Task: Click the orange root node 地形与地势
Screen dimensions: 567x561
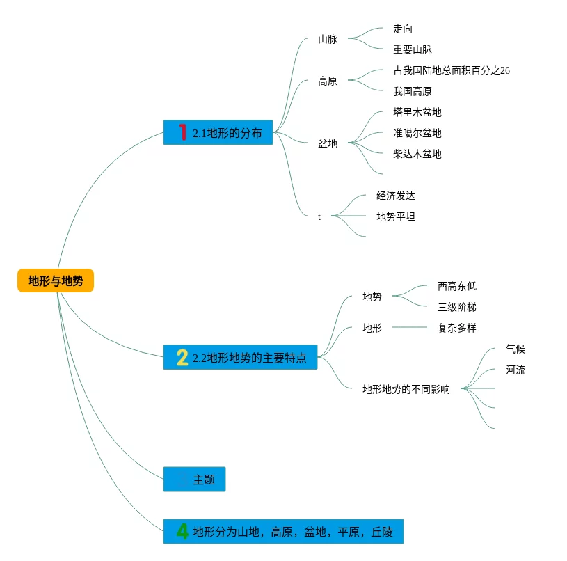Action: (56, 280)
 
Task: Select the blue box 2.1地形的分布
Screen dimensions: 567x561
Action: (218, 132)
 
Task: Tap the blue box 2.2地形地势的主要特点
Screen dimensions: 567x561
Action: (240, 357)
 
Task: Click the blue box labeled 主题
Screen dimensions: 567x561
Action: (194, 480)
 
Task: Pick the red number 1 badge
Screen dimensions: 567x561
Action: (182, 132)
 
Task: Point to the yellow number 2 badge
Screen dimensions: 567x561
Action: (182, 357)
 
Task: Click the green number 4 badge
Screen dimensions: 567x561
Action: (182, 531)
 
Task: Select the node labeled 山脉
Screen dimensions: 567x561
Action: (328, 39)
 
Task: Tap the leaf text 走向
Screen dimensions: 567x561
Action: (403, 29)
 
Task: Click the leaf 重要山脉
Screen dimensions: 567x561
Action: (413, 49)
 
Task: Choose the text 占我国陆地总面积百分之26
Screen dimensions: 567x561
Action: (452, 70)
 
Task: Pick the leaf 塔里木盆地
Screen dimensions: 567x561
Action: (417, 112)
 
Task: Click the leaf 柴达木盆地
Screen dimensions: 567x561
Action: (417, 154)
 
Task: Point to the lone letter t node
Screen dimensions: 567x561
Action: (319, 216)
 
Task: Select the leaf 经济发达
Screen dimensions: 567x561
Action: (396, 196)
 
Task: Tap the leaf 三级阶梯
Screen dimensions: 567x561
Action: (457, 307)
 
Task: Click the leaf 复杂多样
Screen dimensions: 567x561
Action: (457, 328)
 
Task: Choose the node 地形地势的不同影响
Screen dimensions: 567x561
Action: (406, 389)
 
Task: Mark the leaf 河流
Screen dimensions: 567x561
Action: (516, 370)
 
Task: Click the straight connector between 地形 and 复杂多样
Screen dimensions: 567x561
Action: (410, 327)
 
